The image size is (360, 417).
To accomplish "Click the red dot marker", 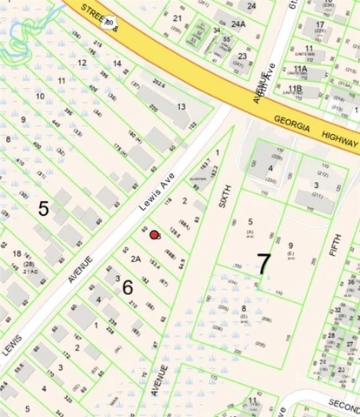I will tap(155, 234).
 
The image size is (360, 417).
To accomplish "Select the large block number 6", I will tap(127, 286).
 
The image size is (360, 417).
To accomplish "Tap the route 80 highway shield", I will tap(110, 10).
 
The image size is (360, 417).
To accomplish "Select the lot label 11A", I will tap(300, 68).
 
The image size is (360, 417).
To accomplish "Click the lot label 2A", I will tap(136, 258).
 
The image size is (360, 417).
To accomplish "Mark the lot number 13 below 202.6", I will tap(182, 106).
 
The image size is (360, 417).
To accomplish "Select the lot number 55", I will tap(226, 39).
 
